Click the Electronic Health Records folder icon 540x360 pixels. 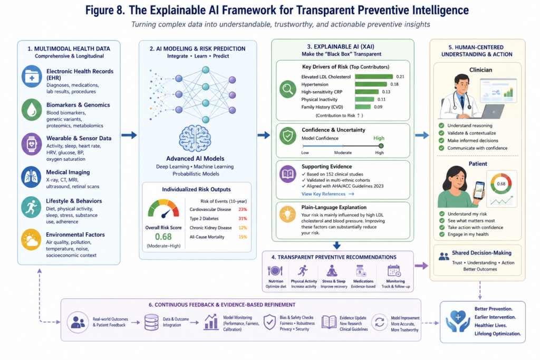[32, 76]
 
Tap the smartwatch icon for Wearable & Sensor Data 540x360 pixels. [32, 144]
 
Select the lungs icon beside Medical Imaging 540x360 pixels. [31, 177]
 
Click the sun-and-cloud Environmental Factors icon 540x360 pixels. [31, 239]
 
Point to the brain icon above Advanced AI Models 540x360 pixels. [195, 138]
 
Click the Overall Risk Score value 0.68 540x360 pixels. [163, 237]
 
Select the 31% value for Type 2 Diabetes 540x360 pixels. [243, 219]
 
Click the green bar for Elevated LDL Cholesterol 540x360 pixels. [374, 77]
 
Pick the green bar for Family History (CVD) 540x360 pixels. [363, 107]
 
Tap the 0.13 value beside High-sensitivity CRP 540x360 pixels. [386, 92]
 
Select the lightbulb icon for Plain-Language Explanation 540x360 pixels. [287, 215]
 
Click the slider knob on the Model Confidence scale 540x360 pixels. [381, 146]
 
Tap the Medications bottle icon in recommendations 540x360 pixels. [361, 271]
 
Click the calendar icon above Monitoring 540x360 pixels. [393, 271]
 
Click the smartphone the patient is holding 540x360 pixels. [479, 190]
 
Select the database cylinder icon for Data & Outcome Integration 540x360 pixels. [151, 322]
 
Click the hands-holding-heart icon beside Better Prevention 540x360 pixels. [458, 321]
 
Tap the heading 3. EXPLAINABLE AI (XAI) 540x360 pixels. [341, 47]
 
